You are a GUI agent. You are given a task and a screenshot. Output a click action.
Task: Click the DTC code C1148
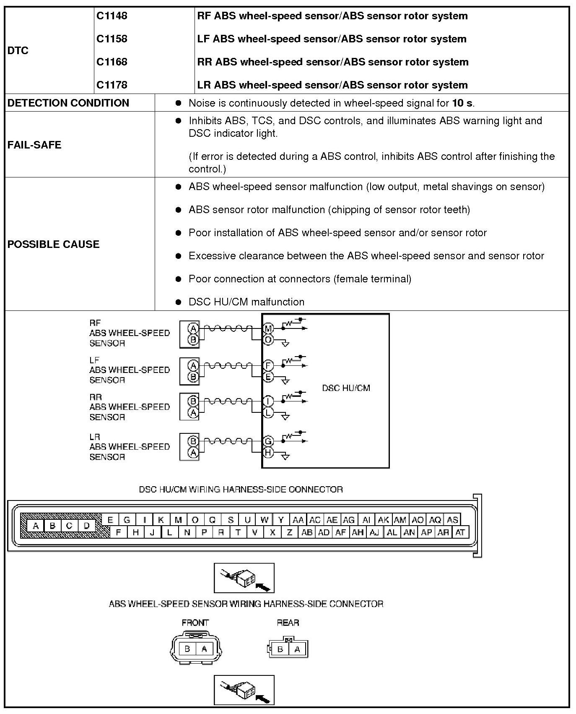(112, 16)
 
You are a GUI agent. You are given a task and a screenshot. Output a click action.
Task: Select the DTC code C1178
(112, 85)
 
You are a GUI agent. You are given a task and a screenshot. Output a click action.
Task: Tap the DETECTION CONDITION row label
(68, 103)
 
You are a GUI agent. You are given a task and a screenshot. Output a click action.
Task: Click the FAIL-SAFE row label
(34, 145)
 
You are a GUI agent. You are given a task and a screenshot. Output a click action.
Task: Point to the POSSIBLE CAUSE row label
(54, 244)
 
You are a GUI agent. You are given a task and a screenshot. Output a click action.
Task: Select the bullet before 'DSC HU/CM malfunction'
(179, 302)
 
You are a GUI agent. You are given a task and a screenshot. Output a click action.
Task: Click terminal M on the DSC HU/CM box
(268, 328)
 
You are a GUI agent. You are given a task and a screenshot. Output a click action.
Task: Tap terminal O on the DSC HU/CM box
(268, 339)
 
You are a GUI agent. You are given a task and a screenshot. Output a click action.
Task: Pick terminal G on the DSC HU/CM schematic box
(268, 441)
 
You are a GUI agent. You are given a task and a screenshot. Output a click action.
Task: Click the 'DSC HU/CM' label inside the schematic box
(346, 388)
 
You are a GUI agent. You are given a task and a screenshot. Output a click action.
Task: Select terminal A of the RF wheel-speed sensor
(193, 328)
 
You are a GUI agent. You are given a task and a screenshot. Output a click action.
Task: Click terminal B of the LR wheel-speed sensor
(193, 441)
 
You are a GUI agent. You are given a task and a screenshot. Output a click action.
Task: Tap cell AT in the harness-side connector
(460, 532)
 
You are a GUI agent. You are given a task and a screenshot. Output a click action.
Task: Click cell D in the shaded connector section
(86, 526)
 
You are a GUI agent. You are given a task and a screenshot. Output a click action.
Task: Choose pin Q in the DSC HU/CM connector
(212, 520)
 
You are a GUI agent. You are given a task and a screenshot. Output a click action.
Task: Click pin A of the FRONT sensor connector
(204, 649)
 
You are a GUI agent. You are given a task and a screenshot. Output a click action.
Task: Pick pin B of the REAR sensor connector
(280, 649)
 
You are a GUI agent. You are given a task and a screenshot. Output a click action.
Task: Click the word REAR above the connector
(288, 623)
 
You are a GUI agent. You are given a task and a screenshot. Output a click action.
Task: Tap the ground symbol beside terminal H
(285, 456)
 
